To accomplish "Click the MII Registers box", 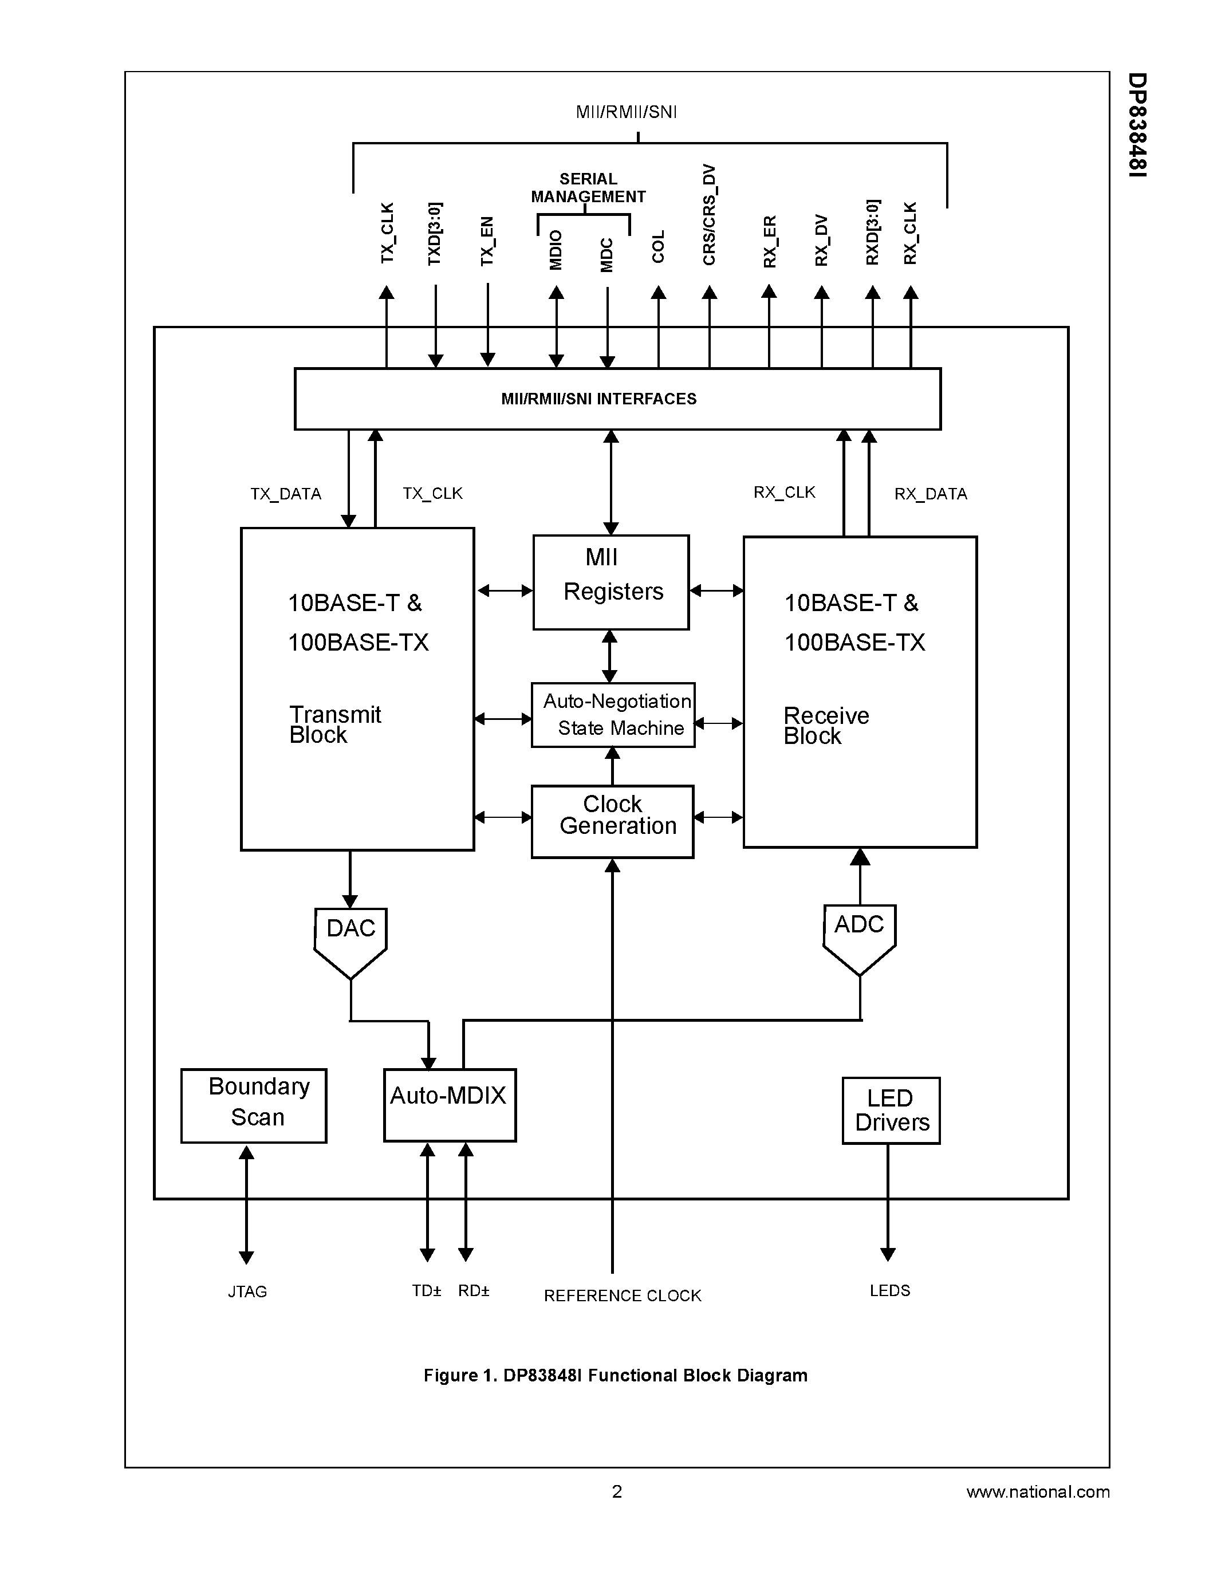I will [611, 582].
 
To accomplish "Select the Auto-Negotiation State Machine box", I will [613, 715].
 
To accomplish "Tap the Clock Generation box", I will [612, 821].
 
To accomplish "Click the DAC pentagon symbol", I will [350, 938].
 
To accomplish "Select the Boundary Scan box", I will [254, 1105].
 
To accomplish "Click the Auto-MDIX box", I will [449, 1105].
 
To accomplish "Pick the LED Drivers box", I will [891, 1111].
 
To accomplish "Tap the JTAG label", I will [247, 1291].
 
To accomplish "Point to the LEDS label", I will [889, 1291].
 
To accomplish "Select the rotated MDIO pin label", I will [555, 250].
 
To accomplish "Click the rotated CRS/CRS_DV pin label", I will [710, 215].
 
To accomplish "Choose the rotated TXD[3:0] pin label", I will [434, 234].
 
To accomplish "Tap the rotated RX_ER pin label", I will [769, 242].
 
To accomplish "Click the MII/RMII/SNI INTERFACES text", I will [598, 399].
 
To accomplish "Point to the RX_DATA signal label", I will [930, 494].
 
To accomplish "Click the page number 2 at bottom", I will [616, 1491].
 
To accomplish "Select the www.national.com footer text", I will [1038, 1491].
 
